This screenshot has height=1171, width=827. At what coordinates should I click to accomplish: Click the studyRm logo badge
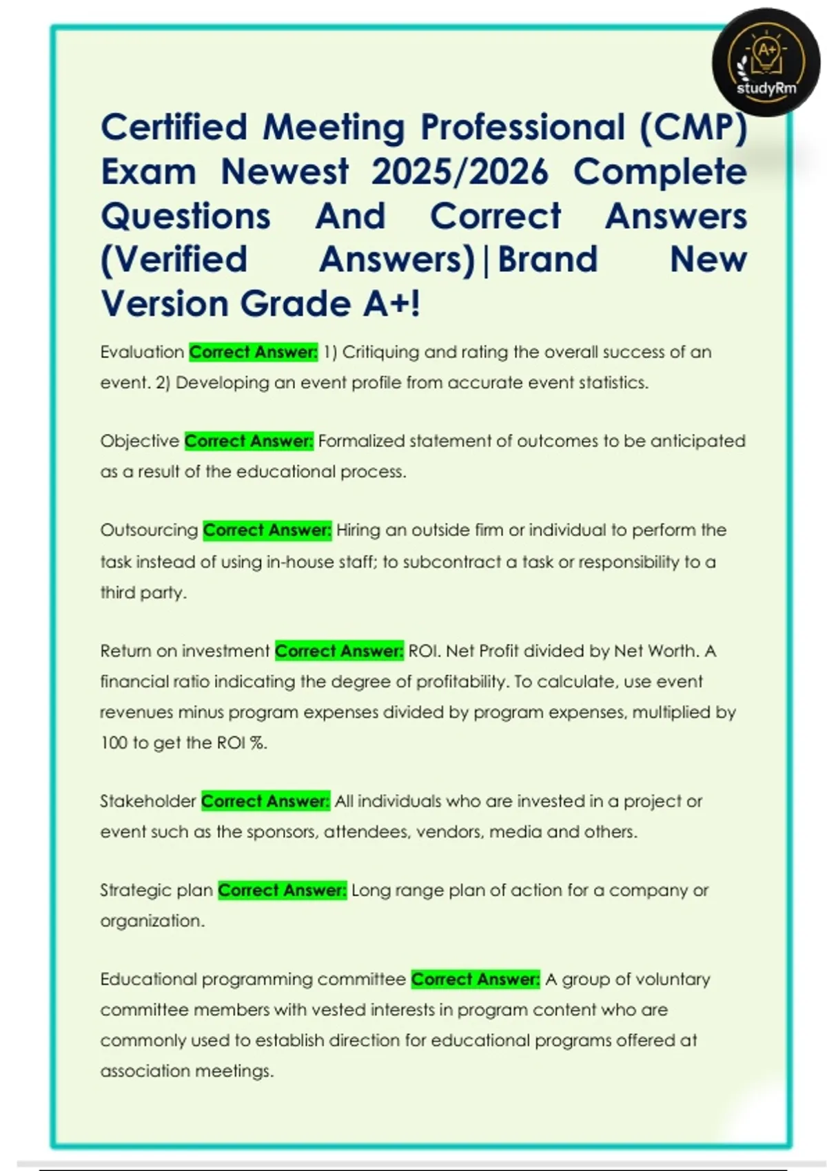(766, 63)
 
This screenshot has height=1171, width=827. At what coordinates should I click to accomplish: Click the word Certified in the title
(174, 127)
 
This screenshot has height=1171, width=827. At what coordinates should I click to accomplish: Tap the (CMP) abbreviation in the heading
(693, 127)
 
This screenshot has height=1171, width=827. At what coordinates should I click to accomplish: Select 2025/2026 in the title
(460, 172)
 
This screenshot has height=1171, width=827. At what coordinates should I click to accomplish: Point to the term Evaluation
(142, 352)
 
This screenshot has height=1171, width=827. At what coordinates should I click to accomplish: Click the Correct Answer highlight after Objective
(249, 441)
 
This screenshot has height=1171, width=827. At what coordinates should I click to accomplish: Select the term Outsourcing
(149, 530)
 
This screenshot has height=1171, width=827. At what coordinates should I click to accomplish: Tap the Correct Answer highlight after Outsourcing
(267, 530)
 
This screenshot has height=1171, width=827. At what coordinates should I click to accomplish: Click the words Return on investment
(185, 651)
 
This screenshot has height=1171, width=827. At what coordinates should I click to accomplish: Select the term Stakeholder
(148, 801)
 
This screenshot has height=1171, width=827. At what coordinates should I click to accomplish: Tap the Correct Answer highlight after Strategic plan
(282, 891)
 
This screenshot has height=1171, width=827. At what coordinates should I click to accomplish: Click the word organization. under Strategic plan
(152, 921)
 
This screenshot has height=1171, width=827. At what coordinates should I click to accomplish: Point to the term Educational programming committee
(253, 980)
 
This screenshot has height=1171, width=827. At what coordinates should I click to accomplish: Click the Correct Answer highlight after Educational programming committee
(476, 980)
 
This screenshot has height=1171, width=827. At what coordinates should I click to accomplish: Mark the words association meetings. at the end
(187, 1071)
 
